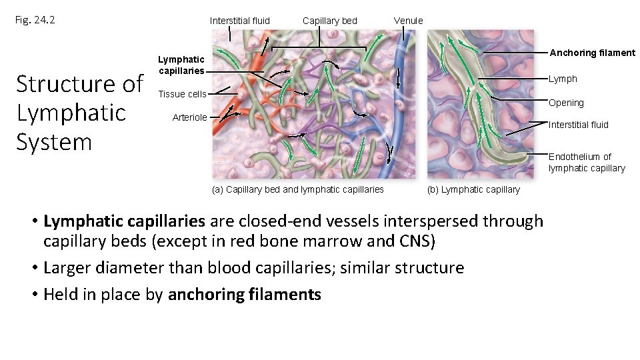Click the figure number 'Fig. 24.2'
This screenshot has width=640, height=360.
point(35,20)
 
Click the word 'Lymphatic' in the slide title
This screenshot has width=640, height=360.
point(71,113)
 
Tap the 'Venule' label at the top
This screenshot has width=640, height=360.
point(408,21)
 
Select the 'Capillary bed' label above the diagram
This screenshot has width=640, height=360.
point(329,21)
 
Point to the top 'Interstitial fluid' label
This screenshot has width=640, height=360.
point(240,21)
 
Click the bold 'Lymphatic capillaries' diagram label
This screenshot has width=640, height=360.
point(181,65)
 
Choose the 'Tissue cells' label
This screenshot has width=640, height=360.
point(182,94)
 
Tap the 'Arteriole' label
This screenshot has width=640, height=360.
point(190,117)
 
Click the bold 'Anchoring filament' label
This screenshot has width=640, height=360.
point(591,53)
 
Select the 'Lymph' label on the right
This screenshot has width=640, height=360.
point(563,79)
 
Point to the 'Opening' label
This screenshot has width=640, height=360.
point(566,103)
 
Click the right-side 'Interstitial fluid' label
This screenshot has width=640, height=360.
point(578,125)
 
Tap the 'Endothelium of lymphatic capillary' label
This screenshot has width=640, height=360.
point(587,162)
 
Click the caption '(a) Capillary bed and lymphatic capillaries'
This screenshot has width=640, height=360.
point(297,189)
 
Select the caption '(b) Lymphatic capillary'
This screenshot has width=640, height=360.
point(473,189)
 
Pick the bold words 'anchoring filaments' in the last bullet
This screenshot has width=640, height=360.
point(245,294)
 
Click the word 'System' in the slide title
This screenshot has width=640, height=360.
point(54,142)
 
